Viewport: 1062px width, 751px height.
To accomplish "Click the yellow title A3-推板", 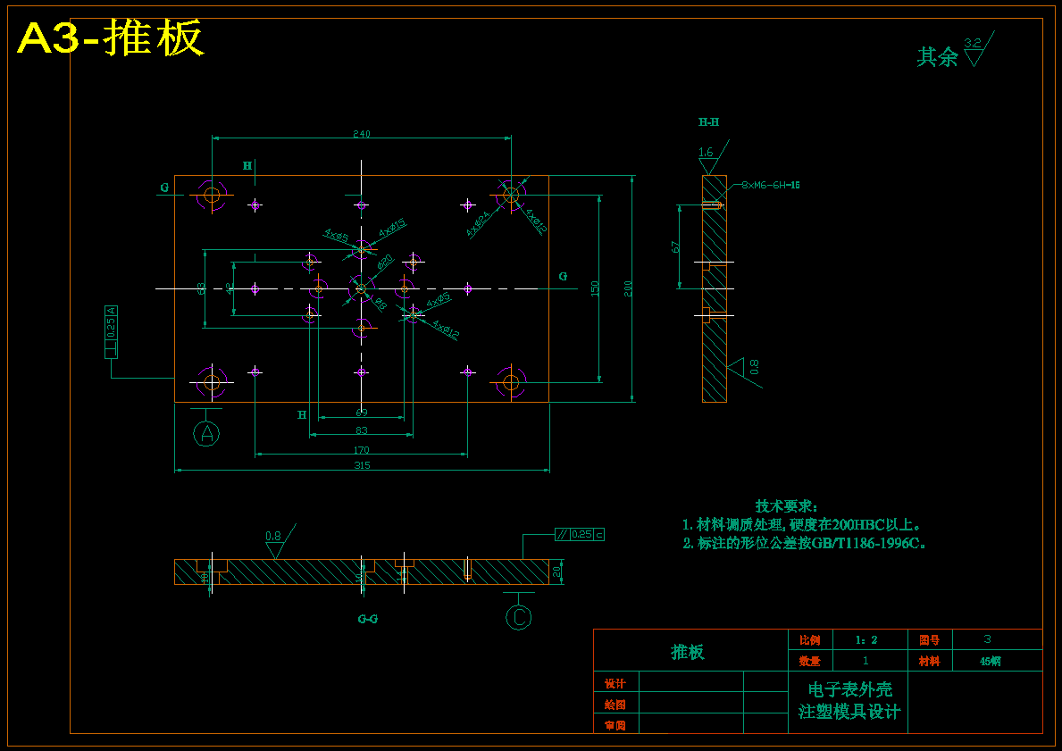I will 111,38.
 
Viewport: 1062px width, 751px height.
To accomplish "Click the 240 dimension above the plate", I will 361,134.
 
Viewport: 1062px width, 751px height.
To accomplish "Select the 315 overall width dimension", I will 362,465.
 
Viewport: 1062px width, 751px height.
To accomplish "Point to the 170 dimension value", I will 361,450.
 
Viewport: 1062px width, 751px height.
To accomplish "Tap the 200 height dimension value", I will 628,288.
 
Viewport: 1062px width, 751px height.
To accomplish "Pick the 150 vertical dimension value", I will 595,288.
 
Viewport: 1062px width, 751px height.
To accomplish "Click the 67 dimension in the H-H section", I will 676,246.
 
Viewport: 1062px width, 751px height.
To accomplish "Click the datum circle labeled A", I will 207,434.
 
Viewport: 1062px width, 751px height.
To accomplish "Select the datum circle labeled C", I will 519,617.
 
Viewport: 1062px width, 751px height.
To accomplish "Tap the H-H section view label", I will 708,122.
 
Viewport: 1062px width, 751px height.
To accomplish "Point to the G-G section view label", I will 367,618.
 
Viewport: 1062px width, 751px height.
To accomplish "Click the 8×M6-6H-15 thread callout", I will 770,185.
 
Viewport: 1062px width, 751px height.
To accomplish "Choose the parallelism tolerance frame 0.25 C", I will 579,534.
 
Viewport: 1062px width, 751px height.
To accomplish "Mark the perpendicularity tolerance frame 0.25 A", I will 111,331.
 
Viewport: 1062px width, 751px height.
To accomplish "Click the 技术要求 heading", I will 786,506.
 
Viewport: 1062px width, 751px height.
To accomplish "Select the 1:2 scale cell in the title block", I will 865,640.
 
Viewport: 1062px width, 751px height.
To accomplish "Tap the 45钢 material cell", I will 990,662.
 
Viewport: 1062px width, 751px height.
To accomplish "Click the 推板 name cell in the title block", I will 688,652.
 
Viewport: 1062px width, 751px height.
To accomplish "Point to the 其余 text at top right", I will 937,57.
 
